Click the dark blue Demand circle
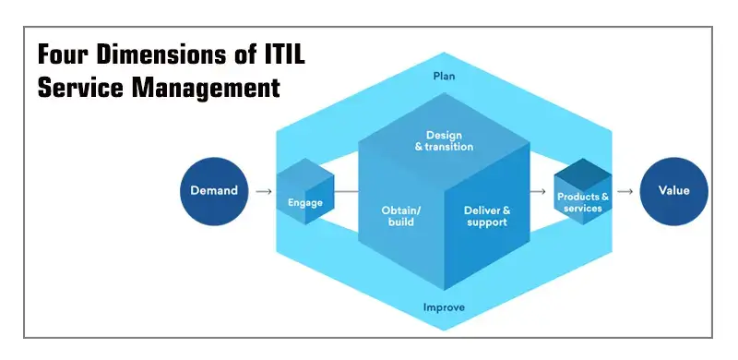[x=214, y=191]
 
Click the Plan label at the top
[x=445, y=76]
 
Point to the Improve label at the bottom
[x=445, y=307]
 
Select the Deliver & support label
[x=486, y=216]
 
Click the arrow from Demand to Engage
[x=263, y=192]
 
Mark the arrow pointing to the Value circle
[x=625, y=192]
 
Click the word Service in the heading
[x=77, y=89]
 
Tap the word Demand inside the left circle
[x=214, y=191]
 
